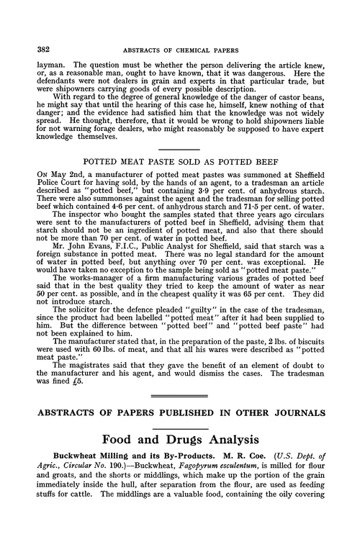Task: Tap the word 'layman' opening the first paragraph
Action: [44, 63]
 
